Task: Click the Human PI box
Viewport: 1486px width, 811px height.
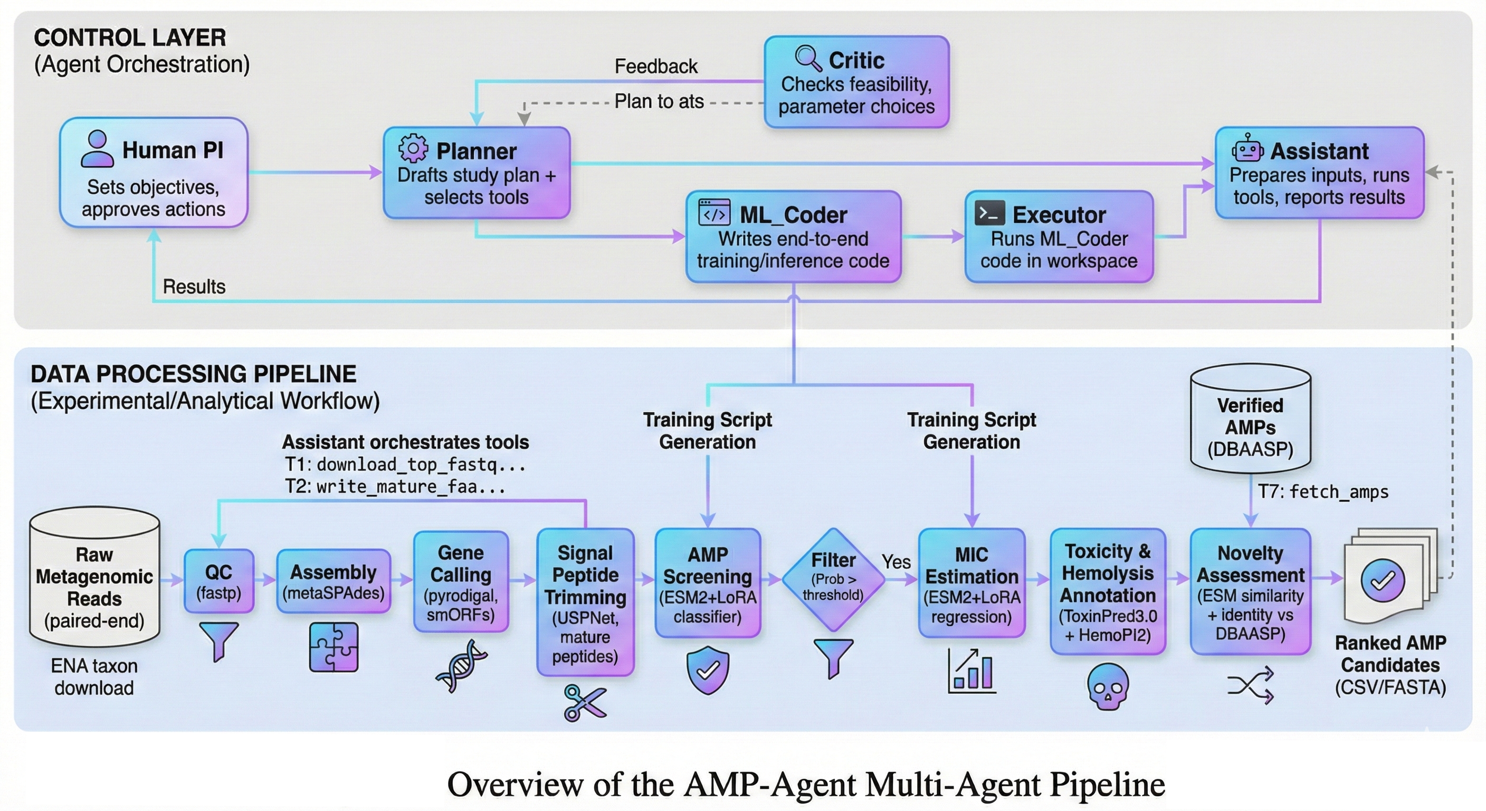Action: pos(154,173)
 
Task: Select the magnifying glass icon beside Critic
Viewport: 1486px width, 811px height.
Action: pos(807,58)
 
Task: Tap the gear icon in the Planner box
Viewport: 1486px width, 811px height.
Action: pos(413,149)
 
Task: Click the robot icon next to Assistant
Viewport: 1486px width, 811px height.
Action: pos(1247,149)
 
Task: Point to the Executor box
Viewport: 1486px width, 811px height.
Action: pos(1059,237)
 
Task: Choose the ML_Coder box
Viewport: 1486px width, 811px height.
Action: pos(793,237)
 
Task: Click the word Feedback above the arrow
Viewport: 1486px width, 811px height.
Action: pos(656,67)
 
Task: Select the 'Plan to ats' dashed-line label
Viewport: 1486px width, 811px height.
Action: pos(659,101)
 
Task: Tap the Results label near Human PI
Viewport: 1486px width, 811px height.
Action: pos(194,286)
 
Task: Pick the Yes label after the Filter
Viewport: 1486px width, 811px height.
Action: pos(896,562)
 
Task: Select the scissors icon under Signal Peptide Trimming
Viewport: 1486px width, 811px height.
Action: pos(584,702)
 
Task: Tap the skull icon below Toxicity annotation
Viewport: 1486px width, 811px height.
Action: pos(1108,686)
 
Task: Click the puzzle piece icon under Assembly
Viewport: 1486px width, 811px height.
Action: pos(334,647)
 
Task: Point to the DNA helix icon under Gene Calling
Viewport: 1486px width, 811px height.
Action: pos(462,666)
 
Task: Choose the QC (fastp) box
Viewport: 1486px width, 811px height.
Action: pos(218,581)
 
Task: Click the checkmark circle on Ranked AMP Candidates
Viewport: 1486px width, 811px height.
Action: pos(1382,581)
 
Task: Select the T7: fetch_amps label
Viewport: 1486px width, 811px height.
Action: pos(1323,492)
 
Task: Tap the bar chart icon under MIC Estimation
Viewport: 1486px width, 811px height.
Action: pos(972,670)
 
